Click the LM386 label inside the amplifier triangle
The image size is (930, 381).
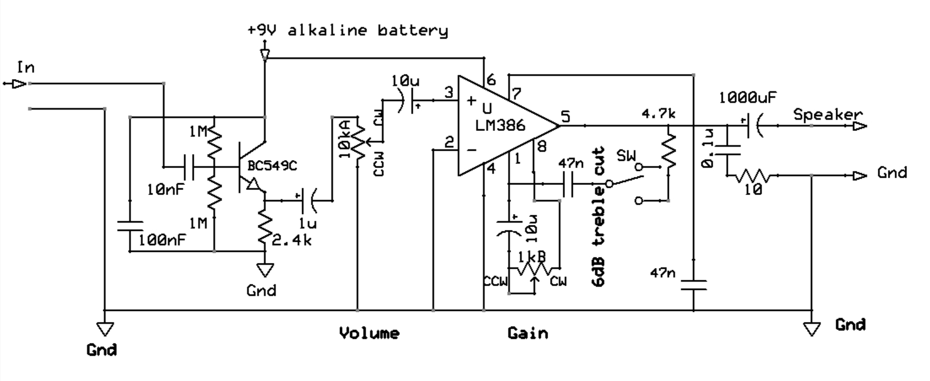click(x=500, y=125)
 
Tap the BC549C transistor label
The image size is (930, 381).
click(x=275, y=166)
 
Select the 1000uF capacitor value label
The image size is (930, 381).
click(x=747, y=98)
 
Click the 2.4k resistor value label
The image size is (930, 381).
click(x=291, y=241)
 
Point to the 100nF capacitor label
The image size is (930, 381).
click(x=162, y=240)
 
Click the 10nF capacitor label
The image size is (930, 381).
click(x=165, y=190)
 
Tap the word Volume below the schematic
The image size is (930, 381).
click(x=369, y=333)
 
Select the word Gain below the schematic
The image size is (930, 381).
click(x=527, y=333)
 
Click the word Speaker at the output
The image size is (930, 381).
click(x=827, y=115)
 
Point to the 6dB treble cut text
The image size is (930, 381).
click(x=599, y=217)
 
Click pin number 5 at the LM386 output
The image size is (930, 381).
click(x=565, y=116)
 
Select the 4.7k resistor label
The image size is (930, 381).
click(x=658, y=114)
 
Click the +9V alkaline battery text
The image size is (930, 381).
click(x=348, y=30)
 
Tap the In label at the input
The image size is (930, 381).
click(x=26, y=68)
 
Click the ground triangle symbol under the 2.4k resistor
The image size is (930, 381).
click(x=265, y=270)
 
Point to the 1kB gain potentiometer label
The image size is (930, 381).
click(x=531, y=257)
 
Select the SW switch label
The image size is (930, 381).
click(x=626, y=155)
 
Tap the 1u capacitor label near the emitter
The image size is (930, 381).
click(x=307, y=223)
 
